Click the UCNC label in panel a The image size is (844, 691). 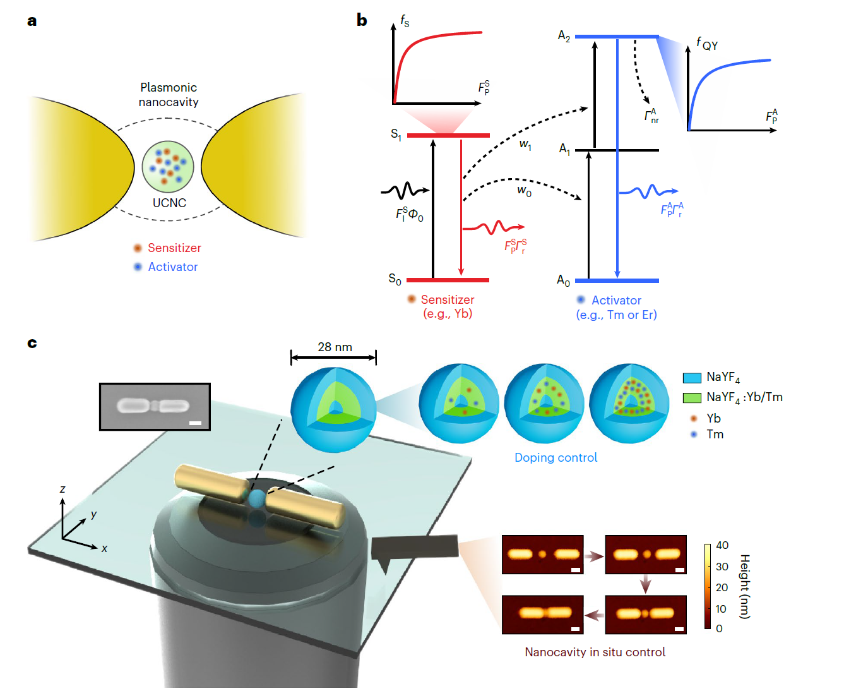coord(169,203)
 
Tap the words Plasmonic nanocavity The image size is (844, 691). coord(169,95)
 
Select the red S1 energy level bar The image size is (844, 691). coord(448,135)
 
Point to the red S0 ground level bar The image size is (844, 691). coord(448,280)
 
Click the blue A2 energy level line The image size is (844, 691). coord(617,37)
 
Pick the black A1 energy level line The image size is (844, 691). coord(617,150)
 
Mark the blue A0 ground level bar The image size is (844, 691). coord(617,280)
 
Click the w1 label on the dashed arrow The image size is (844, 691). coord(525,145)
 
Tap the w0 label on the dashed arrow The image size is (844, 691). coord(524,190)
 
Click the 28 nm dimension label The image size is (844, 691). coord(335,347)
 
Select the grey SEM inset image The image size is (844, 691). coord(155,406)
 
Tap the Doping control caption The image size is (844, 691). coord(556,458)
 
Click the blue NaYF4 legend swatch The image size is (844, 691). coord(692,378)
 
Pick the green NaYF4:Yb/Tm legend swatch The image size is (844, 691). coord(692,398)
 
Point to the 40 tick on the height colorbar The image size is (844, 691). coord(722,545)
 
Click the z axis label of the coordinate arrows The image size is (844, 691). coord(62,490)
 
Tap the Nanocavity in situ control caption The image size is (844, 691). coord(595,652)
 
